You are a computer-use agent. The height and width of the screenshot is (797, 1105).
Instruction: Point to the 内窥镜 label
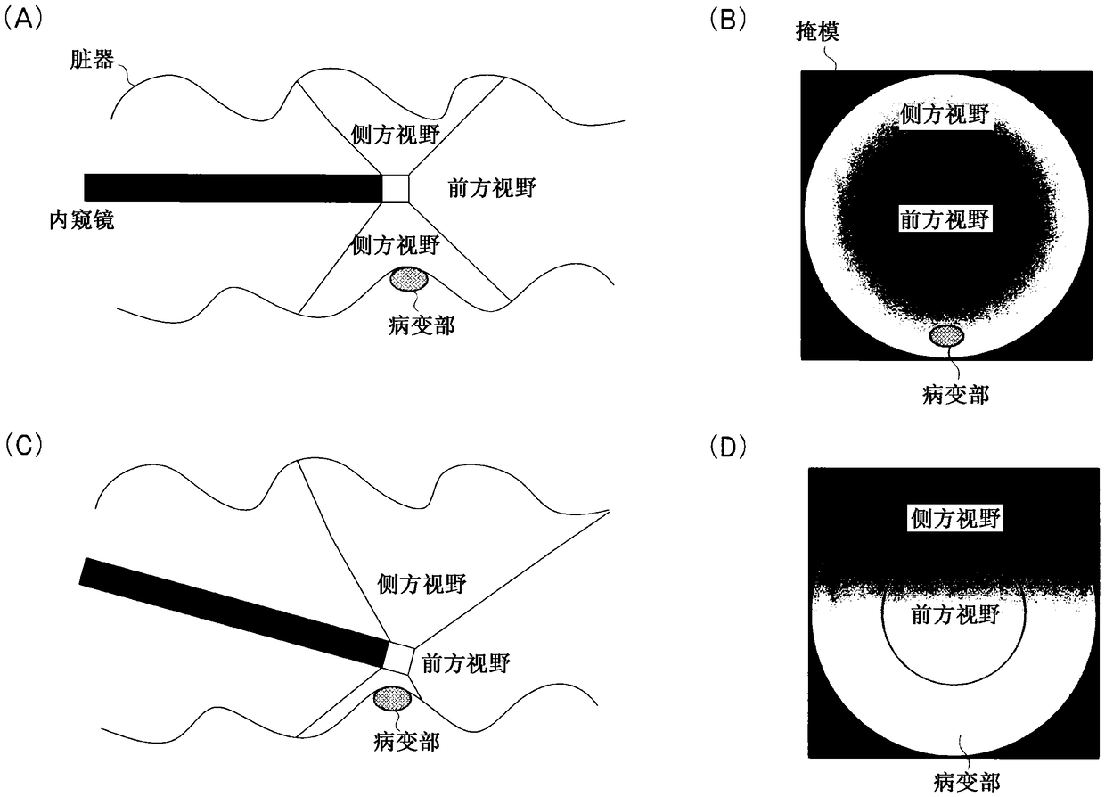pos(82,219)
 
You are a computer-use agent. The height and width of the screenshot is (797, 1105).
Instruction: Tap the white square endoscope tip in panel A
pos(396,188)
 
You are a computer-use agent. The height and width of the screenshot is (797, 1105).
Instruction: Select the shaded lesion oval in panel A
pos(410,280)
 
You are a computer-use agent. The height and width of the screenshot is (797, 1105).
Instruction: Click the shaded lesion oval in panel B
pos(946,335)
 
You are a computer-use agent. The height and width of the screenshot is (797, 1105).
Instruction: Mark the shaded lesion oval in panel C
pos(391,698)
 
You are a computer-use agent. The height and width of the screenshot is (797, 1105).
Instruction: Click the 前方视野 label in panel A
pos(490,188)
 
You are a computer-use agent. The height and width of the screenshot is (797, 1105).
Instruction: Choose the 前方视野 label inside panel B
pos(945,219)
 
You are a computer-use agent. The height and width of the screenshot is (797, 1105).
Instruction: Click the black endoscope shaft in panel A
pos(232,187)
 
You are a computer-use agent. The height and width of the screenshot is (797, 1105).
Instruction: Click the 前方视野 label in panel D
pos(954,614)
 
